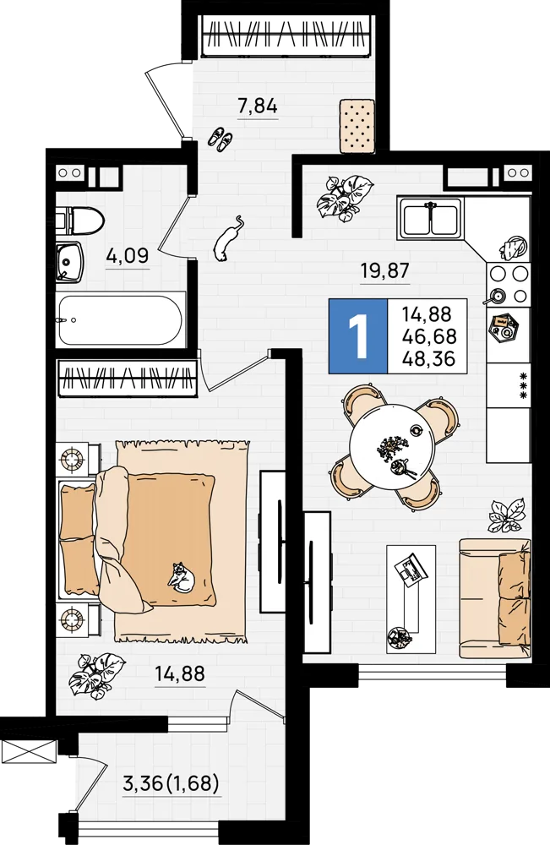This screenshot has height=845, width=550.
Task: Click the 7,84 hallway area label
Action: point(258,106)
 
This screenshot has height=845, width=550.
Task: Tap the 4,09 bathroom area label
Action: point(127,255)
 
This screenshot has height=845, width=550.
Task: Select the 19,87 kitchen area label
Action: point(384,270)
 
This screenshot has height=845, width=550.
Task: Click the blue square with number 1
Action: point(358,335)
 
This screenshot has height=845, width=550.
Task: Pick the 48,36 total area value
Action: point(429,358)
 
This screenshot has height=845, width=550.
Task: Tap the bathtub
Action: point(121,319)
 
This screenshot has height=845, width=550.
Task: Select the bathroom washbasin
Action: point(69,262)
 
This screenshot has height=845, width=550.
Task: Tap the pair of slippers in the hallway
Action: point(221,139)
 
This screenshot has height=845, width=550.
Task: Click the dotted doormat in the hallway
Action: point(357,126)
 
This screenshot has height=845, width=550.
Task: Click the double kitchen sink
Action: point(430,218)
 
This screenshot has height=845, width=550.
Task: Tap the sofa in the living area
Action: point(494,598)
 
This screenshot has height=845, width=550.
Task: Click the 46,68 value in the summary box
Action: point(429,336)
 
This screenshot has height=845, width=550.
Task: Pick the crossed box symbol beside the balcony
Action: point(28,751)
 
